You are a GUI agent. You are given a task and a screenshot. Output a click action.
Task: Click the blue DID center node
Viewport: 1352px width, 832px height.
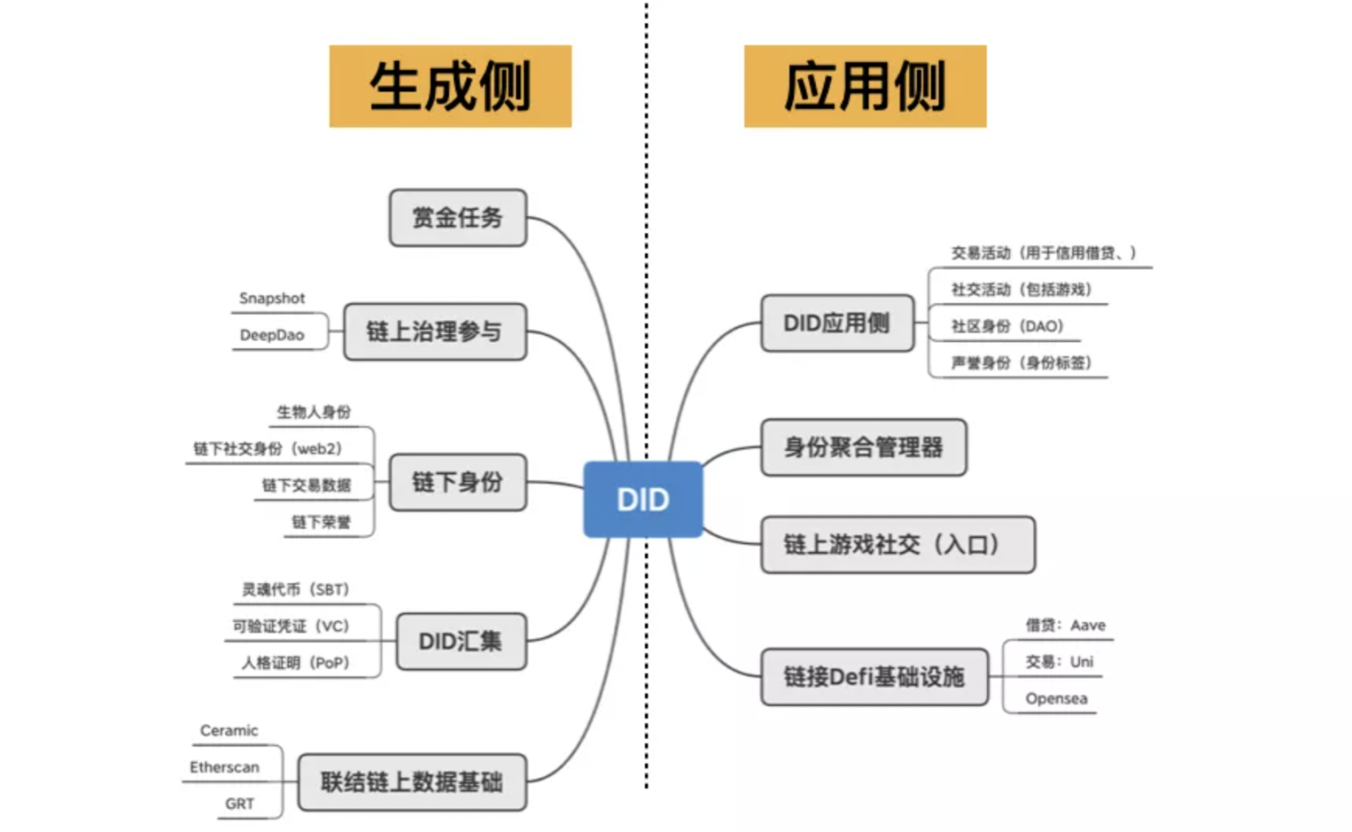point(642,499)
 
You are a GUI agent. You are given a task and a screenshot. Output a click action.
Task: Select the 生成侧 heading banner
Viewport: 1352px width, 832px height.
point(450,86)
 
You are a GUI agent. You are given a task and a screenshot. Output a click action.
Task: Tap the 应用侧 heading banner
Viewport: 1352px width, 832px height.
point(864,86)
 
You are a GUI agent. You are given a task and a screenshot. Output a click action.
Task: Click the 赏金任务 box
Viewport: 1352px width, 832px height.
point(457,218)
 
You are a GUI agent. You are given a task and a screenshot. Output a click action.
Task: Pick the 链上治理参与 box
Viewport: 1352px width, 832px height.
point(434,331)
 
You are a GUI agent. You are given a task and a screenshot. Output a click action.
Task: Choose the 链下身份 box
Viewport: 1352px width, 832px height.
point(457,482)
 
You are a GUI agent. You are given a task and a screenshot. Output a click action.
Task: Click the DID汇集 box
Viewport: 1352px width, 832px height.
point(460,641)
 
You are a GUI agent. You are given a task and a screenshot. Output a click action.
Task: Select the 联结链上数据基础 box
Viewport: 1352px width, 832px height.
point(412,782)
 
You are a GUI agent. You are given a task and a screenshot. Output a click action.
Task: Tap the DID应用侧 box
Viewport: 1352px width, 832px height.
point(836,323)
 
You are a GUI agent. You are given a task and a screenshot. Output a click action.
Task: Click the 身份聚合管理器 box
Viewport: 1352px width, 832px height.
point(862,448)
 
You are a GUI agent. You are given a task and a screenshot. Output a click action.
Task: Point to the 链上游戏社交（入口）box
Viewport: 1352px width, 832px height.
point(896,544)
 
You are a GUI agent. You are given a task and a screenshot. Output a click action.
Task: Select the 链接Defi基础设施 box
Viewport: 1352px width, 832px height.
point(873,676)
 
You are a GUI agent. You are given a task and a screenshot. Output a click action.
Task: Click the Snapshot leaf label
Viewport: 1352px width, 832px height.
point(272,298)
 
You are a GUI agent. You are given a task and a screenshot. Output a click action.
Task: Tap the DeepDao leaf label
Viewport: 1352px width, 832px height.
point(272,335)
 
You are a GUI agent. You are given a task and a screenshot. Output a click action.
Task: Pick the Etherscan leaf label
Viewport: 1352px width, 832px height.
point(224,767)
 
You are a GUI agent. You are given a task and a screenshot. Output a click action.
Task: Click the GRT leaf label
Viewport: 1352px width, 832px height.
point(239,803)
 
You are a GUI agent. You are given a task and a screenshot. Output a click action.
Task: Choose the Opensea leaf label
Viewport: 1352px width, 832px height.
point(1056,699)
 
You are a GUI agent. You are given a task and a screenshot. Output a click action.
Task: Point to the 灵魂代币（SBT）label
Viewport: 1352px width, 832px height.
point(295,589)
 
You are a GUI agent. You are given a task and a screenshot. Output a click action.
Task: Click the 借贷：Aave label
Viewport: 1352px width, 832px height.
point(1065,625)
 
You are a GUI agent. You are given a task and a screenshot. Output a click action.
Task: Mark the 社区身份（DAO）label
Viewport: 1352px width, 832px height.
point(1007,326)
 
